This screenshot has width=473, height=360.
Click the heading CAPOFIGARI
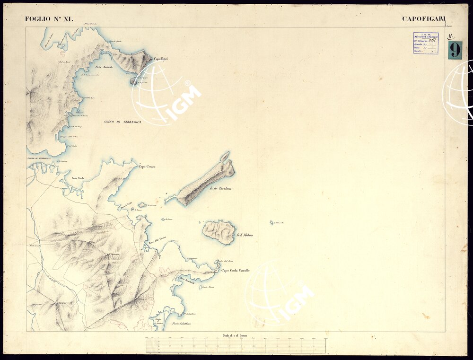[x=423, y=19]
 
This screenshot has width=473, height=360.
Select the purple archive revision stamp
[x=426, y=43]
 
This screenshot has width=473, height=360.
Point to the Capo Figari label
[x=161, y=59]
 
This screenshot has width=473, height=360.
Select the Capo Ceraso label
[x=147, y=167]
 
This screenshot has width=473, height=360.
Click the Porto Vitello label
[x=78, y=178]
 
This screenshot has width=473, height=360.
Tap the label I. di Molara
[x=245, y=235]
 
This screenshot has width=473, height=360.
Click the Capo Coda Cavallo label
[x=236, y=271]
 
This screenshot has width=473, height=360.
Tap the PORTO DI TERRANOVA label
[x=39, y=158]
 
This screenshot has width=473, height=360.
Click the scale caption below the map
[x=235, y=335]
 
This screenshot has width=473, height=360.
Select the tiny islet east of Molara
[x=272, y=222]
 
